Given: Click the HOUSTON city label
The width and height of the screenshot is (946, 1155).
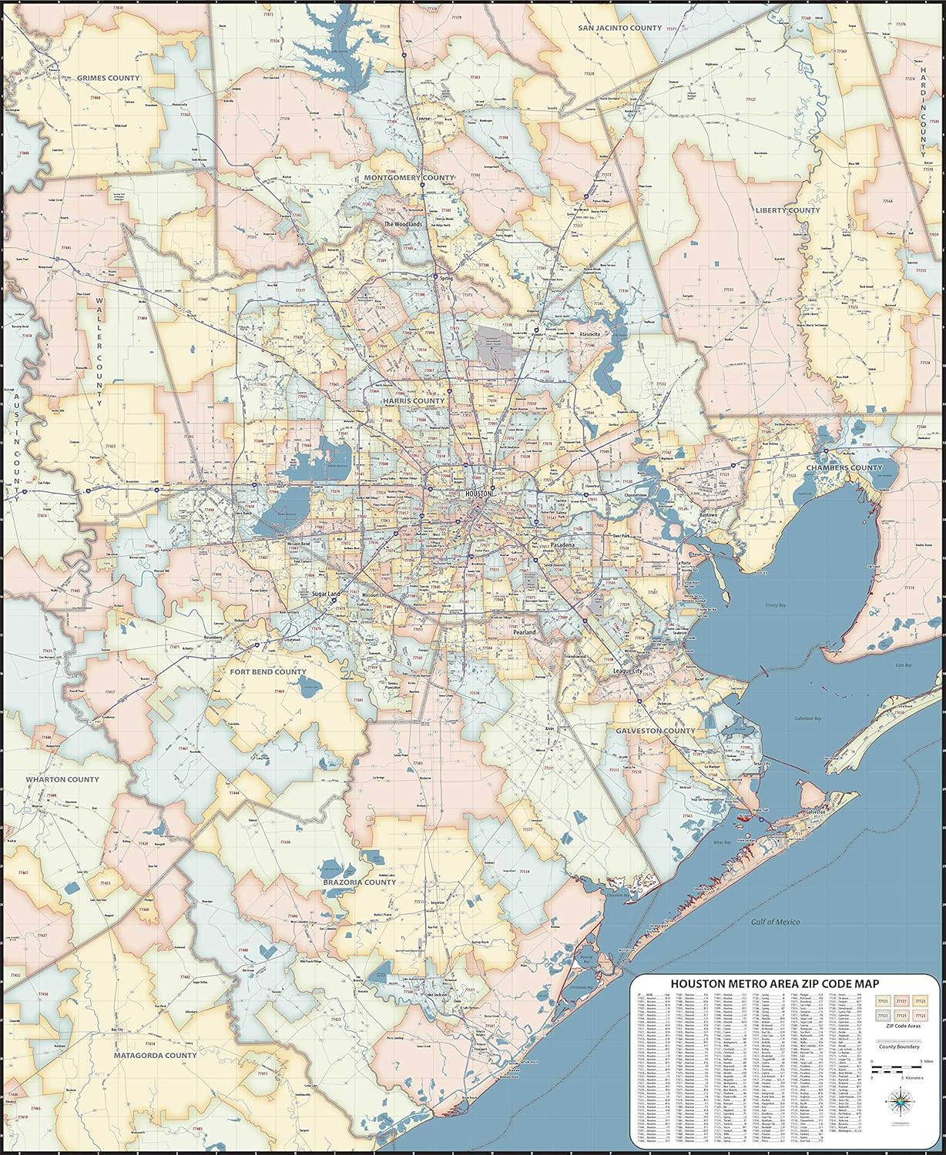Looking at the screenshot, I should (x=474, y=493).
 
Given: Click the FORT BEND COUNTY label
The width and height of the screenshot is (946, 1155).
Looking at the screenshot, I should (x=268, y=671).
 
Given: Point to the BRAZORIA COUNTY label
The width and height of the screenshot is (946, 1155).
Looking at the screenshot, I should (x=359, y=882).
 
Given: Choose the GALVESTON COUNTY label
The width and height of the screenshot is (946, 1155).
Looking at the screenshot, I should (x=655, y=730).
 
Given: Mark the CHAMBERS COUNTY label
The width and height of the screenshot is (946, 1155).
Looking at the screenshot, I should (x=844, y=467).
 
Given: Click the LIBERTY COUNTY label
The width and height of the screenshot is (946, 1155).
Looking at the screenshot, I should (x=787, y=210).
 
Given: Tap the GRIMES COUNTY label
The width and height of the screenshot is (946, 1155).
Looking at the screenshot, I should (x=108, y=78).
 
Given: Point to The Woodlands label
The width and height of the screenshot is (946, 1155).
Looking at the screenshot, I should (x=404, y=224).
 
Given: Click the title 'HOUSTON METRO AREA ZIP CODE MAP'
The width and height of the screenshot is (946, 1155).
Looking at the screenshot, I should (x=774, y=983).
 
